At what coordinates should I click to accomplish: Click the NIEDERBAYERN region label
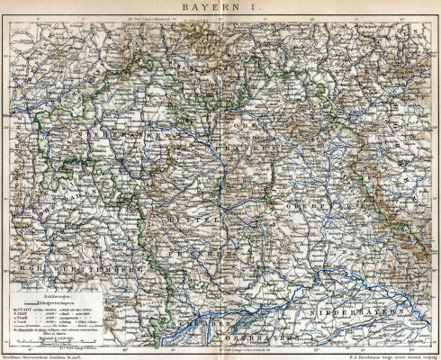tap(364, 312)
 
